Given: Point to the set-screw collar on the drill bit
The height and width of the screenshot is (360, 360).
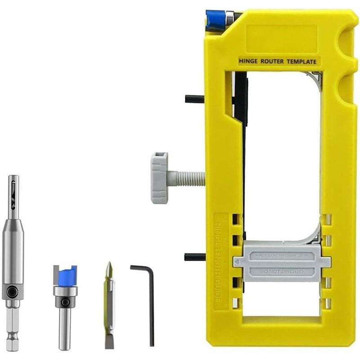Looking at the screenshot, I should [13, 292].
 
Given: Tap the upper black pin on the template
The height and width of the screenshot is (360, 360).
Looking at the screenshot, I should [194, 99].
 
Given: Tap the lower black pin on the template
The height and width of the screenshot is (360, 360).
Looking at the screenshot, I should [194, 257].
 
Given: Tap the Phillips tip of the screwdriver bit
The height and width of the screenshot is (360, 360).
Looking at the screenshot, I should [108, 269].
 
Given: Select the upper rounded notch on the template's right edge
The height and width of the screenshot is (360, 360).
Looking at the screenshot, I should [349, 36].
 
